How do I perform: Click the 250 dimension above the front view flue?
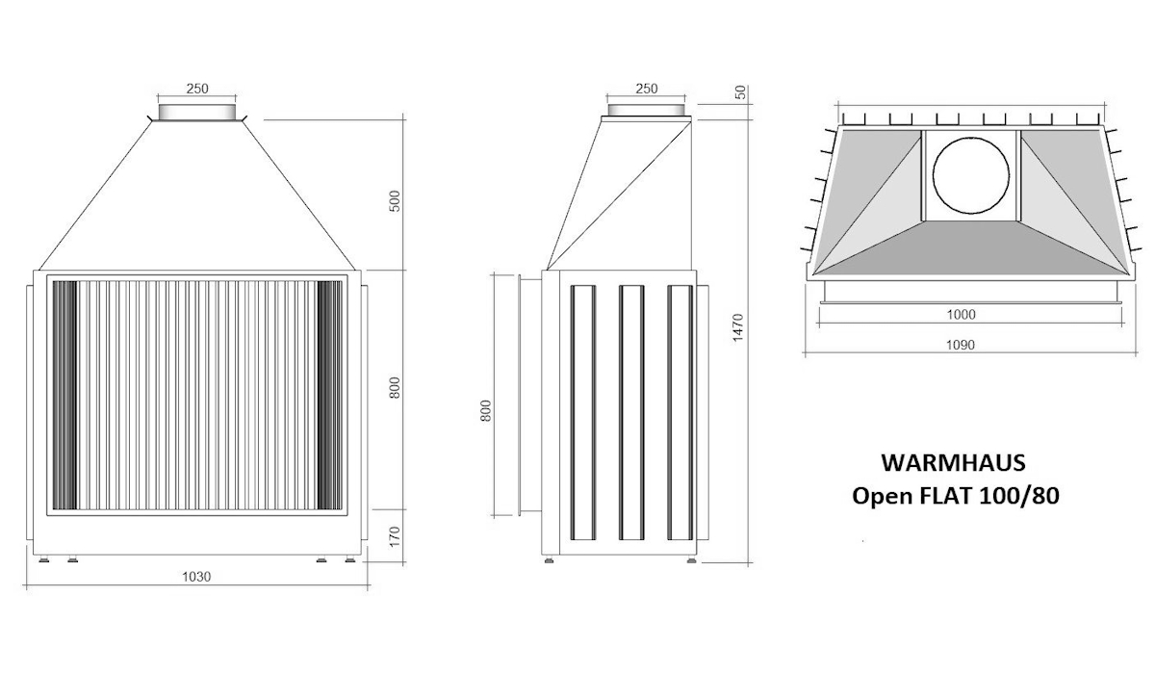click(x=197, y=89)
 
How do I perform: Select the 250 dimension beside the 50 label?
click(x=647, y=89)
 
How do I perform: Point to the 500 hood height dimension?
click(x=395, y=202)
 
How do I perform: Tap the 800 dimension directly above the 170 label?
click(x=395, y=388)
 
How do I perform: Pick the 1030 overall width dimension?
click(x=196, y=577)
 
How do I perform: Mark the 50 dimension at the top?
click(x=740, y=92)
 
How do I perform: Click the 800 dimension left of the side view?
click(x=485, y=411)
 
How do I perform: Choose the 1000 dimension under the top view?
click(x=961, y=314)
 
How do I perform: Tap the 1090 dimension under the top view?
click(x=961, y=346)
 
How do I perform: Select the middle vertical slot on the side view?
click(x=631, y=411)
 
